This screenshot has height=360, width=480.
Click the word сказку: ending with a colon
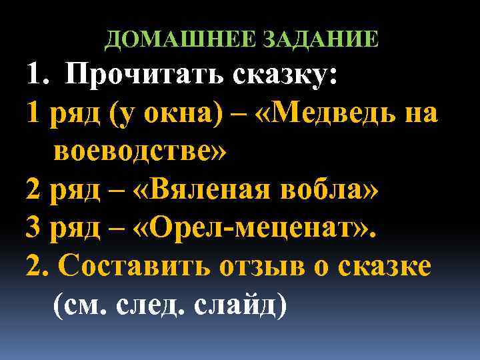coord(284,75)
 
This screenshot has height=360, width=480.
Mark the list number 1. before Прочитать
coord(36,75)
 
